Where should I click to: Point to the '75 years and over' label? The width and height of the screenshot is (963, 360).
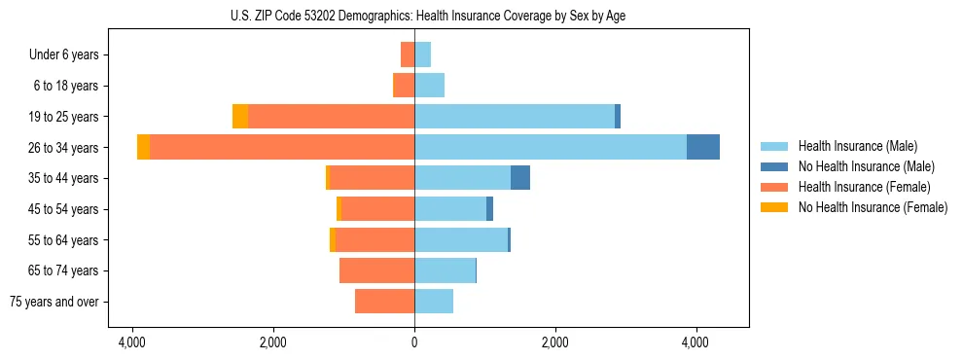[x=54, y=302]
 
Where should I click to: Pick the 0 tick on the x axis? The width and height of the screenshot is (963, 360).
[x=414, y=342]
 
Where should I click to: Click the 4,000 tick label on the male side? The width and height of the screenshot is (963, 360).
[x=695, y=342]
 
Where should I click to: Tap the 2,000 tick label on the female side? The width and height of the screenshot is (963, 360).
[x=272, y=342]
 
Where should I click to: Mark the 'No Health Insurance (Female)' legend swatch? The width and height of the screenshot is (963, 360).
[x=774, y=207]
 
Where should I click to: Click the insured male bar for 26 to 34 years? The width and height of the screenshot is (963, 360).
[x=550, y=147]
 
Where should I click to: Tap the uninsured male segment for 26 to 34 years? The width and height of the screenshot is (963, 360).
[x=703, y=147]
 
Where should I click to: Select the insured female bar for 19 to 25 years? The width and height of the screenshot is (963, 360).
[x=331, y=117]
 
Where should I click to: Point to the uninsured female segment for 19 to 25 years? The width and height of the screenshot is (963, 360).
[x=240, y=117]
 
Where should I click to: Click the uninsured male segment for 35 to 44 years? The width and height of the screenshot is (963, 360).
[x=520, y=178]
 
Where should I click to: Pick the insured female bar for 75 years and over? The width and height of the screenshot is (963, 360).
[x=384, y=302]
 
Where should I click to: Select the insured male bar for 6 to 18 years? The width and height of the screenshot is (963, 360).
[x=429, y=86]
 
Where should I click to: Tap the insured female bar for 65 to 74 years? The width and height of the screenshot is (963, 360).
[x=376, y=270]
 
